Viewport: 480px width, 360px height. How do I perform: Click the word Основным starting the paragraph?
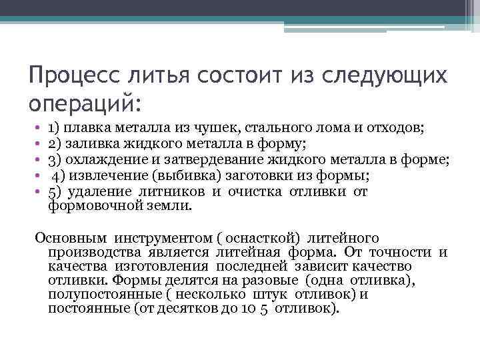[71, 237]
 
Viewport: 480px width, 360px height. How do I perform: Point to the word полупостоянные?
[97, 295]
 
